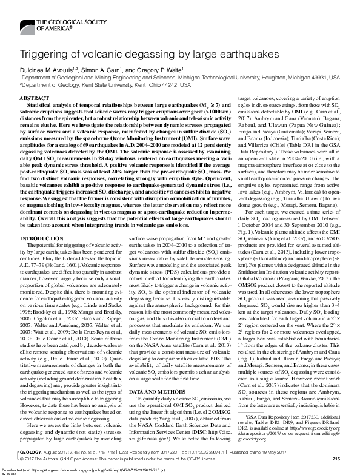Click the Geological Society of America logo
pos(45,25)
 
